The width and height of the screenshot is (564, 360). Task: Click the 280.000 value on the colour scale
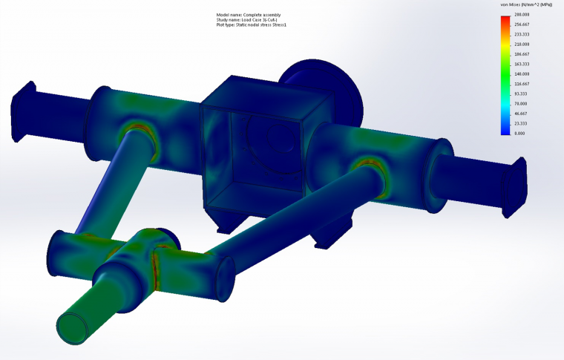[522, 14]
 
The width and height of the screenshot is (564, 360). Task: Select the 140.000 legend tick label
[522, 74]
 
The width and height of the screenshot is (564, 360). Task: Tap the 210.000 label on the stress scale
[522, 44]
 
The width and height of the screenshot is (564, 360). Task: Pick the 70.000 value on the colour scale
[522, 104]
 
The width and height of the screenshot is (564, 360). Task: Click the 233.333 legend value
[522, 34]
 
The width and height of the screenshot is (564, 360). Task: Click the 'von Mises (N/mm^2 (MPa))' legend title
[526, 4]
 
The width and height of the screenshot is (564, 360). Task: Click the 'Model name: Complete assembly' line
[248, 15]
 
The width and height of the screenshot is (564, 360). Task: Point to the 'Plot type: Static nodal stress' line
[251, 25]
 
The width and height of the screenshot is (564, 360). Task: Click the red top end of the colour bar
[505, 17]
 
